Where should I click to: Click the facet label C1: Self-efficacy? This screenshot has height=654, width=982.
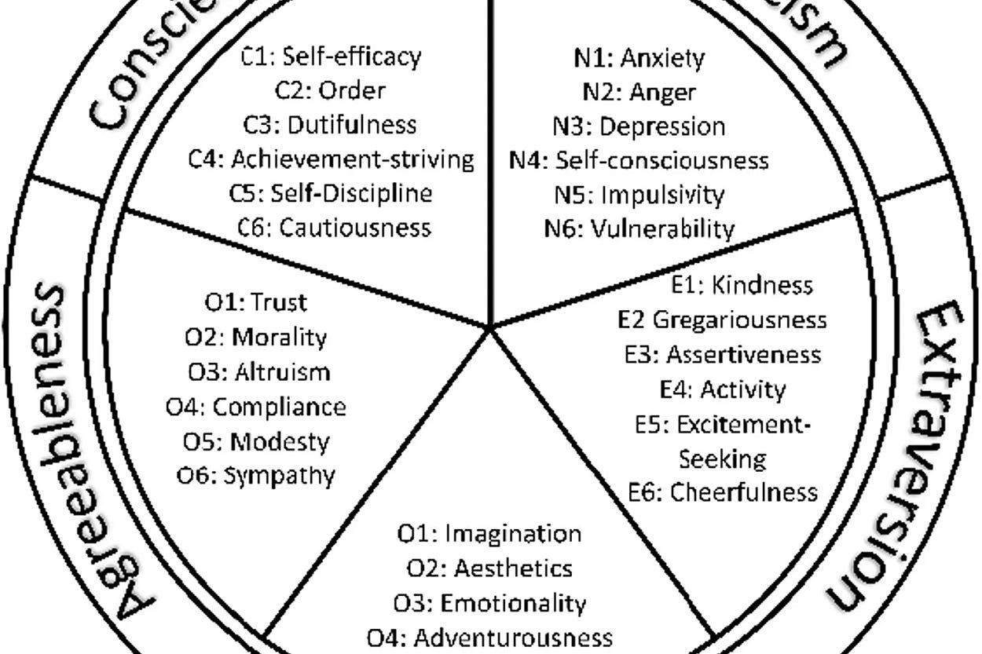331,57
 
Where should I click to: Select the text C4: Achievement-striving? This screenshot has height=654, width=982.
331,159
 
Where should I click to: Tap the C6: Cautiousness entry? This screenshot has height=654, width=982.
335,228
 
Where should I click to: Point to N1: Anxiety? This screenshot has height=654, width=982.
639,57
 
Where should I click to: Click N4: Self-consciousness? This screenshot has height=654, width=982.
639,160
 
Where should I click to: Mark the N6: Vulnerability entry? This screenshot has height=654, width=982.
639,228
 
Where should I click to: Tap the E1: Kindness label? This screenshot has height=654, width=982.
742,285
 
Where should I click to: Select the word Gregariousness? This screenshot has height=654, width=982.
739,320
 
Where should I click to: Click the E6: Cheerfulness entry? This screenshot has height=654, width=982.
723,492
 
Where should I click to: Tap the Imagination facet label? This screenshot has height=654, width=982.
513,533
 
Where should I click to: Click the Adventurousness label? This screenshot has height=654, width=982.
513,636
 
